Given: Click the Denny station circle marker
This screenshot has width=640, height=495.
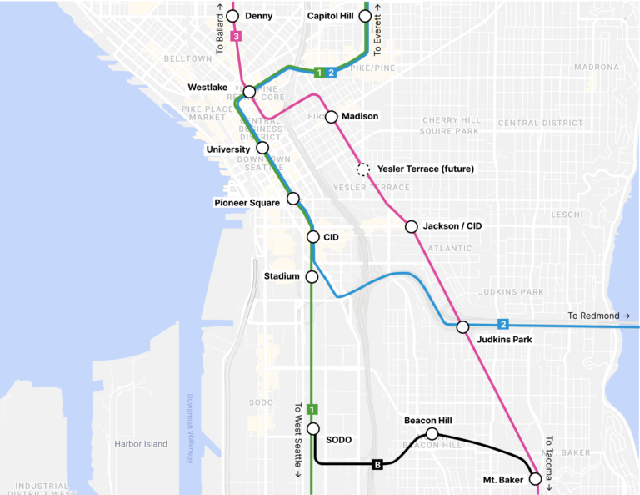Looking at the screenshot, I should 232,16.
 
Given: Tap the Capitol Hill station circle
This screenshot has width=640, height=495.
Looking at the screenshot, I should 365,16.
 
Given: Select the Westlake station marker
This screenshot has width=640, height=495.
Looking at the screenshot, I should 249,91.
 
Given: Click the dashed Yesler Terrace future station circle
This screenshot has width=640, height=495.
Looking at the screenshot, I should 362,169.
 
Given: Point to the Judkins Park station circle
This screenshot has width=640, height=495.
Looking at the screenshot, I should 462,326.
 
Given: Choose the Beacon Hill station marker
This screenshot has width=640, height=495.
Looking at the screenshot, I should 432,433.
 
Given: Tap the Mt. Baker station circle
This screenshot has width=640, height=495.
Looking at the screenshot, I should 535,479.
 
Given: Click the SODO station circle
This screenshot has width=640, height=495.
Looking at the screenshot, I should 312,428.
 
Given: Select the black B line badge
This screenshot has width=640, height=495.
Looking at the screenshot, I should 377,464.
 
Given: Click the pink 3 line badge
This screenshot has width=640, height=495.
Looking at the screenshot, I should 237,37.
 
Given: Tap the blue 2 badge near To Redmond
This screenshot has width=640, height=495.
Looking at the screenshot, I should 502,324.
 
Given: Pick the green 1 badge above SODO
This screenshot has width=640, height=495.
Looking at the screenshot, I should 312,409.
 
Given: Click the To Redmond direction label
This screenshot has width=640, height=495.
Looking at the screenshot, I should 599,316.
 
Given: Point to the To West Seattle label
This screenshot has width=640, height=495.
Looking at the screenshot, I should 298,441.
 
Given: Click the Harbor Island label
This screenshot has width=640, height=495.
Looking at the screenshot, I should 141,444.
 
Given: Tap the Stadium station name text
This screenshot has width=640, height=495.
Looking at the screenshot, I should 281,276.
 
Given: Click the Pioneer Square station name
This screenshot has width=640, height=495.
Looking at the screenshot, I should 247,202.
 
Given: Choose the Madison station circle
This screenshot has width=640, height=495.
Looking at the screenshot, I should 331,117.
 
